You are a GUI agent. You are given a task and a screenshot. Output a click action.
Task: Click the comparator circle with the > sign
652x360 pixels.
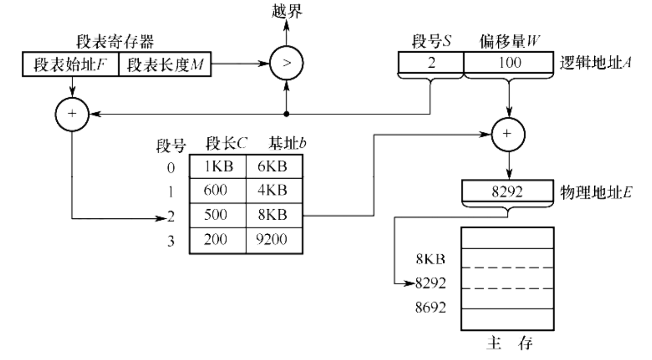(286, 63)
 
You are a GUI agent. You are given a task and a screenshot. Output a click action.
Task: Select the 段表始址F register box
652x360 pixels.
(70, 65)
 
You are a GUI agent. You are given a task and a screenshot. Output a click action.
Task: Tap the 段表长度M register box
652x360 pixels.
(165, 65)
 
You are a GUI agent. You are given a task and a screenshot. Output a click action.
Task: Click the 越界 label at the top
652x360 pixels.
(287, 11)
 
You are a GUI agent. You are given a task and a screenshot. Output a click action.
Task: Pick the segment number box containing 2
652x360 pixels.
(431, 63)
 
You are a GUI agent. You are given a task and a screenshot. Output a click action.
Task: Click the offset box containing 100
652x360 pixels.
(509, 63)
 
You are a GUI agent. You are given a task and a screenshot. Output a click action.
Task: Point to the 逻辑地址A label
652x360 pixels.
(595, 63)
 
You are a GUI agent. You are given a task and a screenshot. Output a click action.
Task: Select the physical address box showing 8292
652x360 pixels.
(507, 191)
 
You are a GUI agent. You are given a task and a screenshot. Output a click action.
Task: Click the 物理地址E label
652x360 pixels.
(596, 192)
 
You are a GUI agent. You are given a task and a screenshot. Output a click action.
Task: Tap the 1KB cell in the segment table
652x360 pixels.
(218, 166)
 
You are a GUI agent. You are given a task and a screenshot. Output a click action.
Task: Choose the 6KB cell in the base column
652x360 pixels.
(274, 166)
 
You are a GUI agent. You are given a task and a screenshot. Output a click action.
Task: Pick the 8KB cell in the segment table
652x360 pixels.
(274, 214)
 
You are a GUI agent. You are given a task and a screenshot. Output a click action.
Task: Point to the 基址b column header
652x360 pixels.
(287, 143)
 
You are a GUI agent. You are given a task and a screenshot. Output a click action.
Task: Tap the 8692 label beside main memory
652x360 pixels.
(430, 307)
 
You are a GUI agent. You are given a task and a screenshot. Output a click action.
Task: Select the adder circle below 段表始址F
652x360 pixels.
(72, 114)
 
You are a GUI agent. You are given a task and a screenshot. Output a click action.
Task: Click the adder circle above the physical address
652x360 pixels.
(508, 134)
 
